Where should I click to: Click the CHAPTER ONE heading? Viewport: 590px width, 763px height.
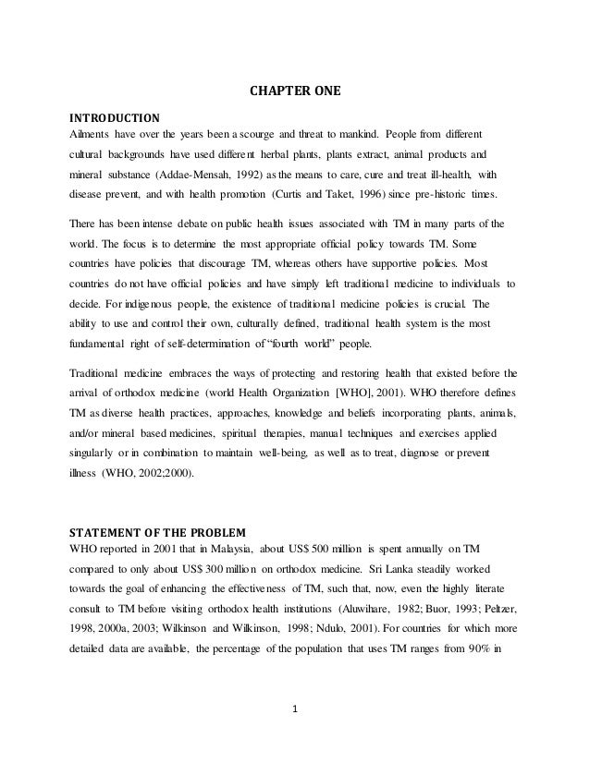[x=295, y=91]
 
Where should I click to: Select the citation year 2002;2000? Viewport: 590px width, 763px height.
[x=167, y=475]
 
